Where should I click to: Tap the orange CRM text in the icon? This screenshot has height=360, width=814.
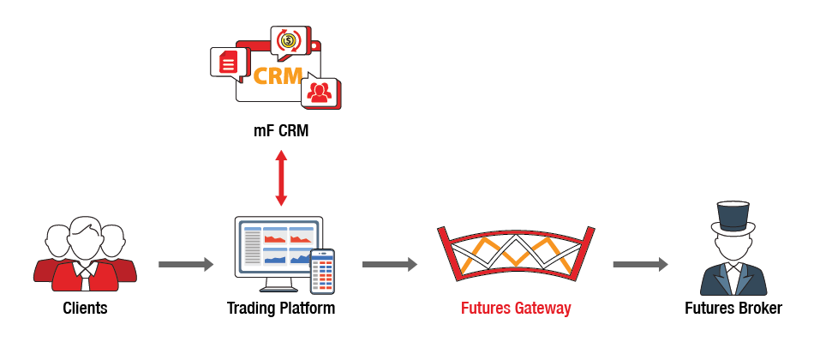tap(278, 75)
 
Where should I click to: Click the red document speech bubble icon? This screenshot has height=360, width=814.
tap(227, 62)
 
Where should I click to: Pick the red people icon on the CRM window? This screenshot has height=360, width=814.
tap(320, 92)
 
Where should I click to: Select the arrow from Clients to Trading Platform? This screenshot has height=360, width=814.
tap(186, 265)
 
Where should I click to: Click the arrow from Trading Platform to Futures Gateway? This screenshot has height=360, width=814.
tap(390, 265)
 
